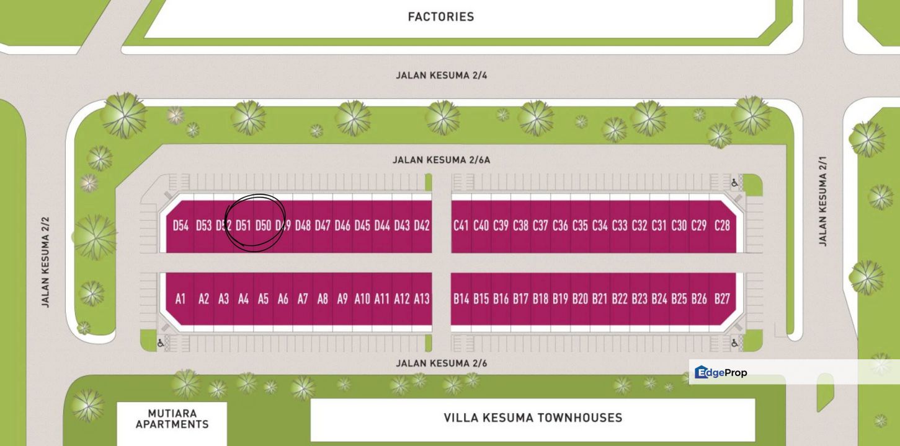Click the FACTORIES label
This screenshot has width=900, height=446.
[441, 17]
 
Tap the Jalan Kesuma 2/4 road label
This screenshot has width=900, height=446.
[442, 76]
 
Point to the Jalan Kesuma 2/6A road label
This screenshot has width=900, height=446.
[441, 160]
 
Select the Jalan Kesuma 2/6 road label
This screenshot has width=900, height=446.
[442, 363]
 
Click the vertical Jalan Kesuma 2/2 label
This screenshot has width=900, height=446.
[45, 262]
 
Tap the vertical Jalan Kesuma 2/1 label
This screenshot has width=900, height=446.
[823, 201]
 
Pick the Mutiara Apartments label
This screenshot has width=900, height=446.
[172, 419]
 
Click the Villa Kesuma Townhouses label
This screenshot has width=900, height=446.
[533, 418]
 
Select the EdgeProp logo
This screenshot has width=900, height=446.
[721, 372]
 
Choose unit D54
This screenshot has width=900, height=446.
[180, 225]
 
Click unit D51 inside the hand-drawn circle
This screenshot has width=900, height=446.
[243, 225]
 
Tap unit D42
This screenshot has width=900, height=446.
[422, 225]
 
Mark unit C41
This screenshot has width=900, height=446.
[461, 225]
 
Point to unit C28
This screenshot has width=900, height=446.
[722, 225]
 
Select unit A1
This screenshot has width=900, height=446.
[180, 299]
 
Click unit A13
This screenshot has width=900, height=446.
[422, 299]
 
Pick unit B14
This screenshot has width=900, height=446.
[461, 299]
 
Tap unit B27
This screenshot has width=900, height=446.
[722, 299]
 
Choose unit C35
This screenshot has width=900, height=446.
[580, 225]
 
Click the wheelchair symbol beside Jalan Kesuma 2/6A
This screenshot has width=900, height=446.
[735, 183]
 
